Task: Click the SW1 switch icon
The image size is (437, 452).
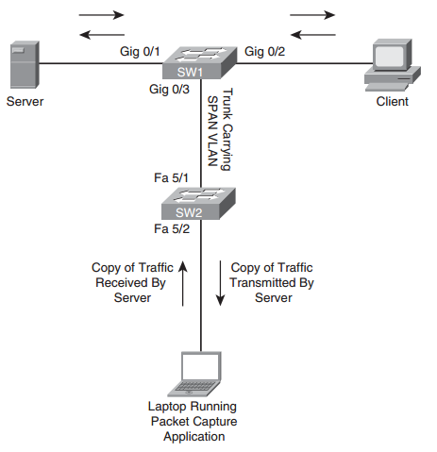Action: (201, 62)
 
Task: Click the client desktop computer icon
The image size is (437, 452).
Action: (392, 63)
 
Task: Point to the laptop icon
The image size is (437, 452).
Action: (202, 373)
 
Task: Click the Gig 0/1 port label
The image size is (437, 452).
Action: (140, 50)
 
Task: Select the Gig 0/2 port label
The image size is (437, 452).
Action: (265, 50)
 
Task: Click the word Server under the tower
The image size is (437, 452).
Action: (25, 101)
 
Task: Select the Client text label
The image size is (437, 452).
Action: (393, 101)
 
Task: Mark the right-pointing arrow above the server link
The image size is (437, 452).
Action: (100, 16)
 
